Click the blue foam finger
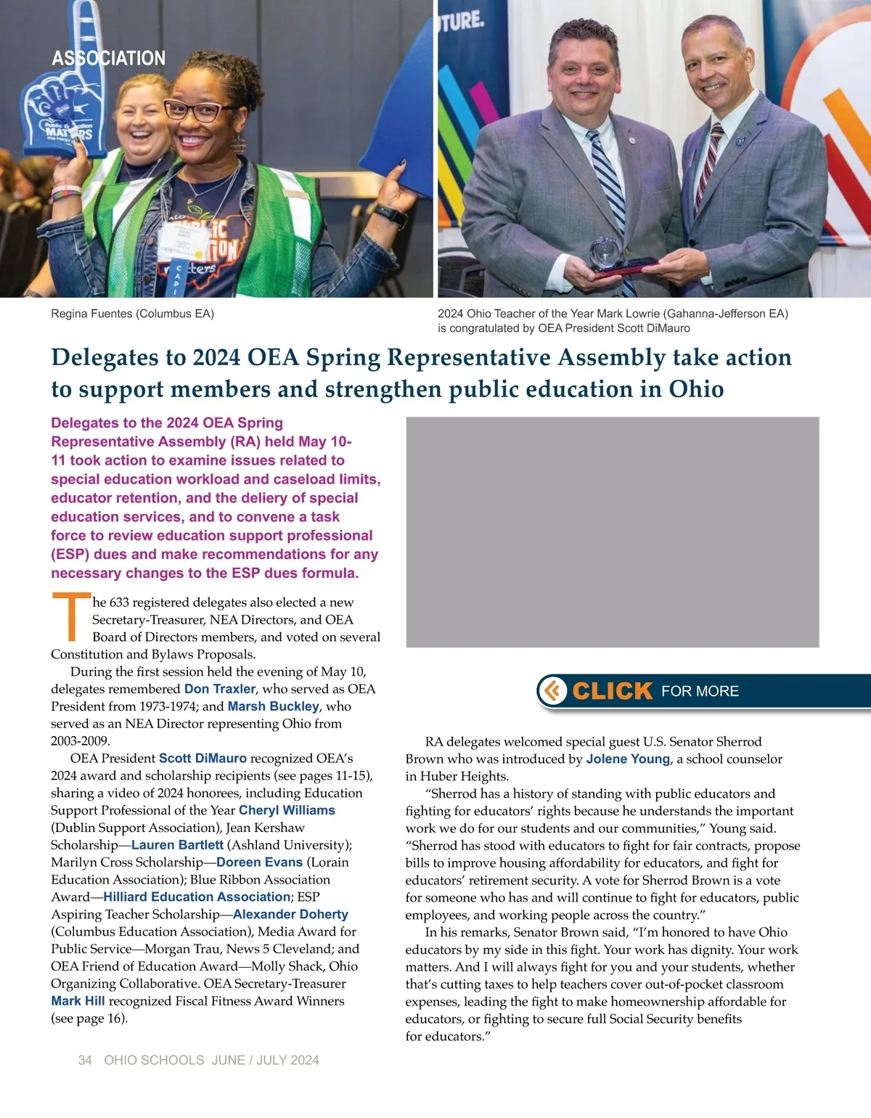(62, 94)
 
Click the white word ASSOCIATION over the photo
(109, 58)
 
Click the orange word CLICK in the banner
(613, 690)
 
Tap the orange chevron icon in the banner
(554, 690)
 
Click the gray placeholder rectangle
(612, 532)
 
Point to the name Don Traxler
(220, 689)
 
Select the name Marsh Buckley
(273, 706)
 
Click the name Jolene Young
(628, 759)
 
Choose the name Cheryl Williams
(287, 810)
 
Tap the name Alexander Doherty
(290, 914)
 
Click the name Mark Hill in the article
(78, 1001)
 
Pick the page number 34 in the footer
(85, 1060)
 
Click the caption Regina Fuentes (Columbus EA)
(132, 314)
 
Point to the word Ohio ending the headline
(696, 389)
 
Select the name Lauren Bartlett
(177, 845)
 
